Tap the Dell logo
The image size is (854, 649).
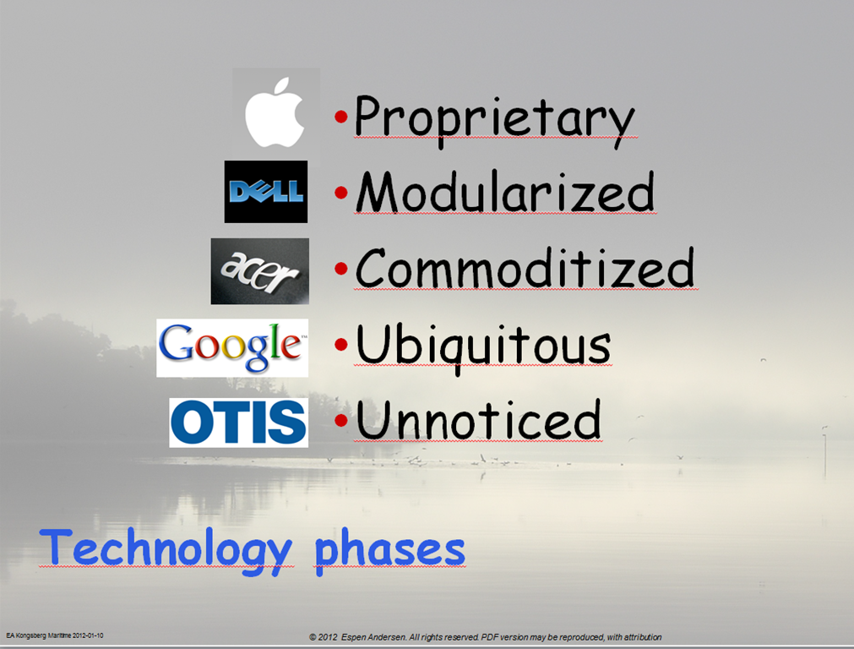[266, 191]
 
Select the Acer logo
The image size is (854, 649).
[260, 270]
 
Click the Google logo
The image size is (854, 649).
[232, 347]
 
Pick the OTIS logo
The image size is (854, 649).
[238, 423]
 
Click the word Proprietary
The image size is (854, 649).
[494, 121]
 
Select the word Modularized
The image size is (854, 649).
[505, 191]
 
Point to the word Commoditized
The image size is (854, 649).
[525, 268]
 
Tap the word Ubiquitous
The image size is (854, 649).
[483, 347]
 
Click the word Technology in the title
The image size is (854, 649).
[166, 550]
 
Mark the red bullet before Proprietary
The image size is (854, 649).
[341, 116]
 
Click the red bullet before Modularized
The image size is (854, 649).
[341, 193]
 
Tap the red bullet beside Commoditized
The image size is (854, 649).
[341, 268]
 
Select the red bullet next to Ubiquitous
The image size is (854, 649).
[341, 345]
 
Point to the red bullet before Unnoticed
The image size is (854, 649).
[341, 420]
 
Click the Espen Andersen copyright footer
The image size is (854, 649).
[485, 637]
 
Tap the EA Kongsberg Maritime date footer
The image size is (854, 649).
[54, 635]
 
